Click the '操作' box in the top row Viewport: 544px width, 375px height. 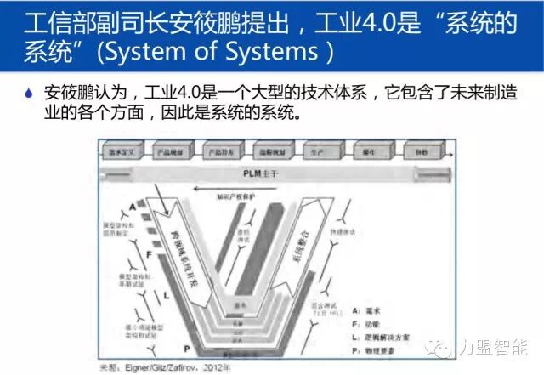368,150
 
